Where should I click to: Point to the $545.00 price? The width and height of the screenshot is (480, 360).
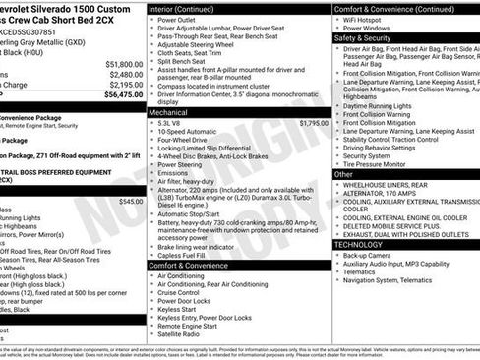click(130, 201)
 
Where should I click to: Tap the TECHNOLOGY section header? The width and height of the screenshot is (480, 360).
click(362, 244)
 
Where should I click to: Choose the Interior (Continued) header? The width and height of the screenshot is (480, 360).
click(183, 8)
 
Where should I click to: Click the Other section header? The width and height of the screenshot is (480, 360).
click(344, 174)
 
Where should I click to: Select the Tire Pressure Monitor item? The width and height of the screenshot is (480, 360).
click(378, 164)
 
